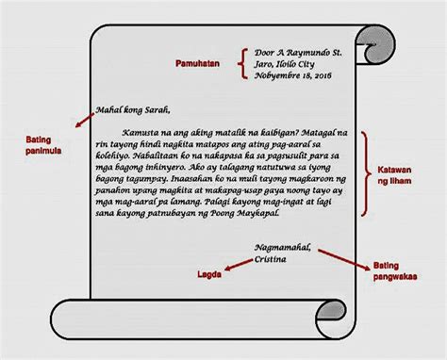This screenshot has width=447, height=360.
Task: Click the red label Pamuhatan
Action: coord(197,64)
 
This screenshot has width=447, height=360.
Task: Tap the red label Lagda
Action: coord(209,274)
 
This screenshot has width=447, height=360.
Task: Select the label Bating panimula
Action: coord(43,145)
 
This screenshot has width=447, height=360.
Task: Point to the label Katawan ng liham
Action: coord(394,175)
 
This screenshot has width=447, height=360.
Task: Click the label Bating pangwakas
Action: coord(395,271)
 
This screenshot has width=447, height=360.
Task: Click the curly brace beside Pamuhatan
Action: coord(243,63)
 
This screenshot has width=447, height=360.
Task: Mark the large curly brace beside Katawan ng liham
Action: coord(365,173)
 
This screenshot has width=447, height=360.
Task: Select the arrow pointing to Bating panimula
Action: coord(85,121)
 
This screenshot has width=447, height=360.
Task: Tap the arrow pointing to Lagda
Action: coord(239,265)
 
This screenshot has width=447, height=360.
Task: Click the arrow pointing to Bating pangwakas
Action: coord(344,260)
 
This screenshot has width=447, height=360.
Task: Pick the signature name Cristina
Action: coord(271,259)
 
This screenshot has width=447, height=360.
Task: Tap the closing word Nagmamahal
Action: coord(283,248)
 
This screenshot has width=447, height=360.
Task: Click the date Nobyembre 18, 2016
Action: coord(293,75)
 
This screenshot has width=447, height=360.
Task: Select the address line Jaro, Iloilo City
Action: coord(285,64)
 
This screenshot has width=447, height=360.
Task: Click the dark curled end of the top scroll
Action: coord(376,45)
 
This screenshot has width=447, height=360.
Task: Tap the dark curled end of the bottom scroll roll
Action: coord(331,310)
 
